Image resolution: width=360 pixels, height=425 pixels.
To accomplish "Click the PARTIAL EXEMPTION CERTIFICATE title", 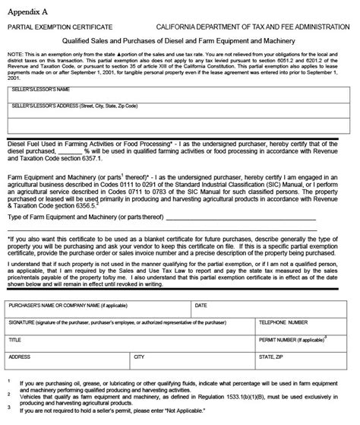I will (58, 26).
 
